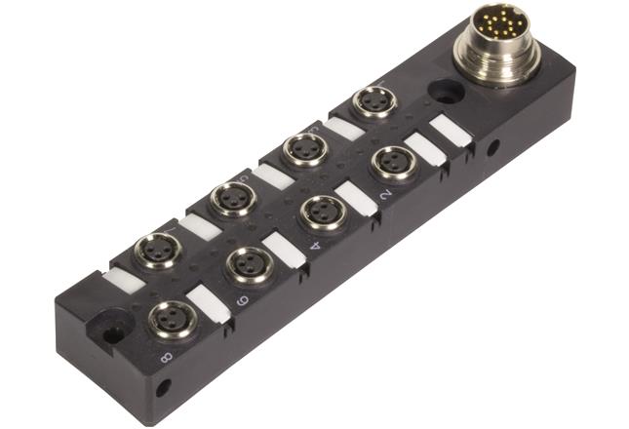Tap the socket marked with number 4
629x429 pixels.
(323, 212)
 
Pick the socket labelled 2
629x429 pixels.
(394, 162)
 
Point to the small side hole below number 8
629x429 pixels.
(163, 388)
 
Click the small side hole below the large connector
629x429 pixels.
(492, 149)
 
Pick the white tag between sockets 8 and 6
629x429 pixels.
(208, 301)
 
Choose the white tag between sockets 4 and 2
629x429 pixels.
(355, 198)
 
